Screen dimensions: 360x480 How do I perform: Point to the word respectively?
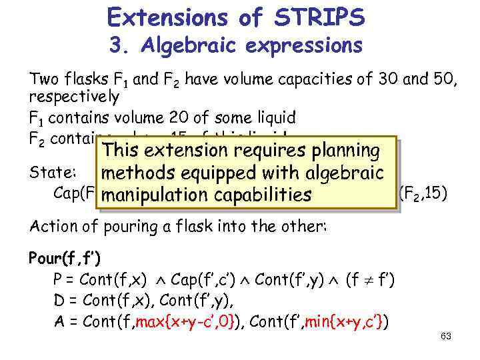[x=74, y=97]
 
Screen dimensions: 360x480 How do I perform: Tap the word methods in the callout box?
[x=136, y=175]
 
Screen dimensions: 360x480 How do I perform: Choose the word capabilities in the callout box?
[x=265, y=196]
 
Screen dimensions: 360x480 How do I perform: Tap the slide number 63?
[x=446, y=336]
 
